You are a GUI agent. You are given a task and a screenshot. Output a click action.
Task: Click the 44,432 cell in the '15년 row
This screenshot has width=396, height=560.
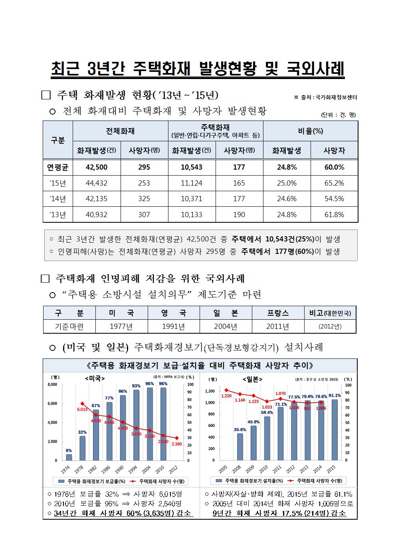97,183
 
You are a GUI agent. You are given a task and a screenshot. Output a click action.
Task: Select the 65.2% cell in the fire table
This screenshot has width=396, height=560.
334,183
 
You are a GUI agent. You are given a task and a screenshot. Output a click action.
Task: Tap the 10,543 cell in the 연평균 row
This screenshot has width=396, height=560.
192,167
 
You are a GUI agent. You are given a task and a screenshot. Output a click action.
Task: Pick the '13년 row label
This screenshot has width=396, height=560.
58,215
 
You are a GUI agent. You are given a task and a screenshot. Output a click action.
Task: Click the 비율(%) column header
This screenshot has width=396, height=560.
311,131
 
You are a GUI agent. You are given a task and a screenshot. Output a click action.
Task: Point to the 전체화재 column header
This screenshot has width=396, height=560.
120,131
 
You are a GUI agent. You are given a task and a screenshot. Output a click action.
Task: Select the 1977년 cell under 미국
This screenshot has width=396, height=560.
121,326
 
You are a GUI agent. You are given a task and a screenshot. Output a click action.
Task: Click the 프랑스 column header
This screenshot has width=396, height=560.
278,313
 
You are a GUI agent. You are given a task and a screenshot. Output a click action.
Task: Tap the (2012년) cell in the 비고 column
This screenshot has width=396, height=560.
330,326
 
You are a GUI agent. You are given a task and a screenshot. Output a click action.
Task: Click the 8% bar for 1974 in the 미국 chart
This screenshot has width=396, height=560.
69,457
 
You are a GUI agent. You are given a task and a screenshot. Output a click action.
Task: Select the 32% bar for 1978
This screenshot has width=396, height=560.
83,448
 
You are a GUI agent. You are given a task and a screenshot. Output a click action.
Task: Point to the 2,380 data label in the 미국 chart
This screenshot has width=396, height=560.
177,444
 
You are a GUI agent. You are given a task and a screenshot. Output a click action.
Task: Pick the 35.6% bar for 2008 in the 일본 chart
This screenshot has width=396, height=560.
240,447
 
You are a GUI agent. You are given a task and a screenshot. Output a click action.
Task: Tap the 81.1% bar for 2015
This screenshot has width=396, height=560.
335,430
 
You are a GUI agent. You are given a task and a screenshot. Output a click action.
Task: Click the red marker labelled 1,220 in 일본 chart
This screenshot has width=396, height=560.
226,390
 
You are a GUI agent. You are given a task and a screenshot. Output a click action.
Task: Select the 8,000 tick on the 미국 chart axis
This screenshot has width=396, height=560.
52,384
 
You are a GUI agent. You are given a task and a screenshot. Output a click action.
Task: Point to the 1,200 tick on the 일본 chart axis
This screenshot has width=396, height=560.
210,391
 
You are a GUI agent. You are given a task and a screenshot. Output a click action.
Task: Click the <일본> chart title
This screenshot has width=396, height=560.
253,379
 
